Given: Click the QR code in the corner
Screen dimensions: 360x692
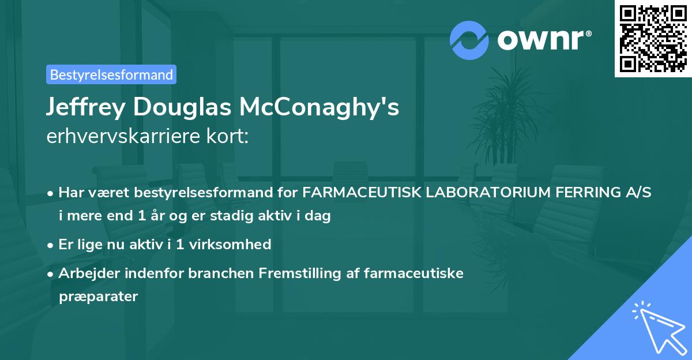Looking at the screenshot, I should point(653,39).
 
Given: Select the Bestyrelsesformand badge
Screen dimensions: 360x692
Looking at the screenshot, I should point(111,74).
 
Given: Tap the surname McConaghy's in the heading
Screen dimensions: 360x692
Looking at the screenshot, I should point(319,108).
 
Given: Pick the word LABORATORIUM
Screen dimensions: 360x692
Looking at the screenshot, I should point(482,193).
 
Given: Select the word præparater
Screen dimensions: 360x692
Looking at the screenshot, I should point(98,297).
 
